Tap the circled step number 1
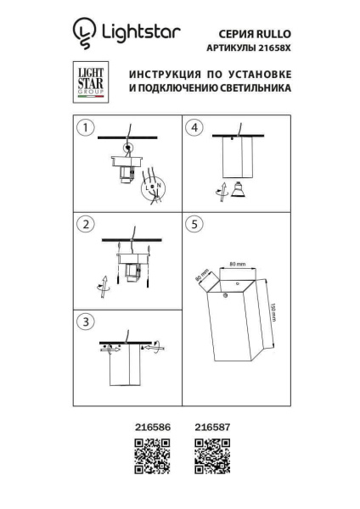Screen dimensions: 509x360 (84, 128)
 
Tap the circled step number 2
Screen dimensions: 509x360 (84, 224)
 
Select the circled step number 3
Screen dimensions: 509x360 (84, 322)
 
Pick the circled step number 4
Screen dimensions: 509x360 (195, 128)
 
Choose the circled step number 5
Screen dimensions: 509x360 (195, 224)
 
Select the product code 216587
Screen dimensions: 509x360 (213, 429)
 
